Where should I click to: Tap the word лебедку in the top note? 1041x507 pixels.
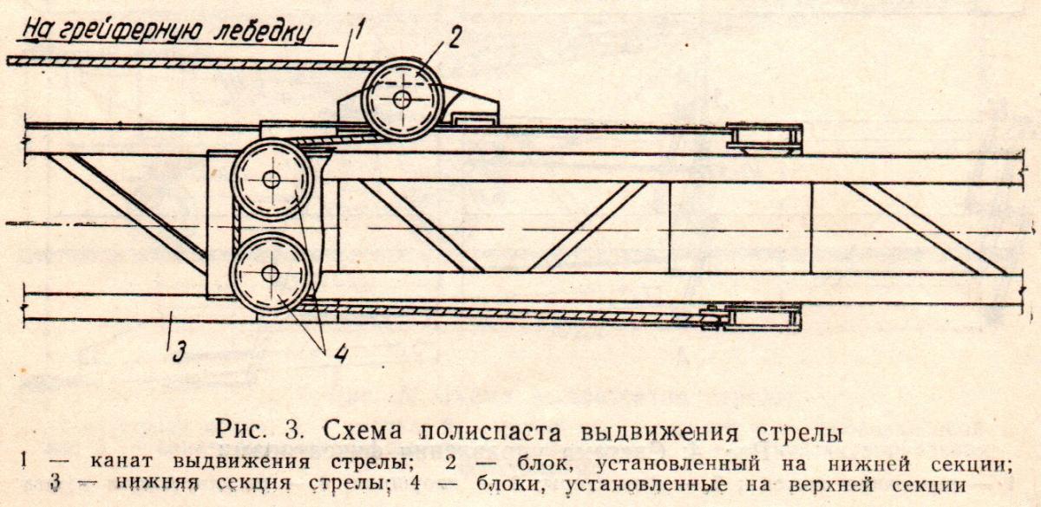tap(263, 33)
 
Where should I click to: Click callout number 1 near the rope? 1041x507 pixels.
tap(358, 34)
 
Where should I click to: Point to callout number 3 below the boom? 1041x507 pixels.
tap(180, 352)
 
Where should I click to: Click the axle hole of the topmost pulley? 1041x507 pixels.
tap(402, 100)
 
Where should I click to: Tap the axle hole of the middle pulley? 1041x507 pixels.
tap(271, 179)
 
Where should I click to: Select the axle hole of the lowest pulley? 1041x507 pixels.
tap(270, 274)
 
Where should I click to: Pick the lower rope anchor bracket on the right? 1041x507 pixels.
tap(753, 317)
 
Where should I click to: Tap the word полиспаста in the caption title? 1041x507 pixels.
tap(491, 432)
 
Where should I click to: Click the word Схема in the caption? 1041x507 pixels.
tap(362, 431)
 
